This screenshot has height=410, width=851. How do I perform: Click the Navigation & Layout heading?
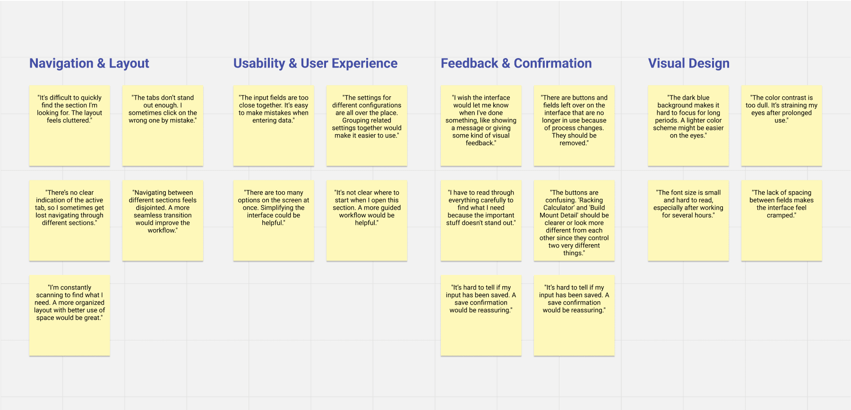point(89,63)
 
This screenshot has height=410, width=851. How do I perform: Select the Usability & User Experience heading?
point(315,63)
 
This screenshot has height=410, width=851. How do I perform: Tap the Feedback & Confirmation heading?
point(516,63)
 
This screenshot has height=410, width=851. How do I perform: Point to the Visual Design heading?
point(688,63)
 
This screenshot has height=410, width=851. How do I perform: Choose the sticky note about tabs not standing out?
point(163,126)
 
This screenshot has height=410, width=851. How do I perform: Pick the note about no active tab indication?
point(69,221)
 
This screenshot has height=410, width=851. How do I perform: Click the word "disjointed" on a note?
point(151,208)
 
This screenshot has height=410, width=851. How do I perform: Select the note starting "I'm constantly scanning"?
point(69,316)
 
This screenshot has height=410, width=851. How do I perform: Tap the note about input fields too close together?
point(273,126)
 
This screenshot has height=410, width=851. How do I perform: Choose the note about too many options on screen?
point(273,221)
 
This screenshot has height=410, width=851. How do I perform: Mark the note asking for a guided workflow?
point(367,221)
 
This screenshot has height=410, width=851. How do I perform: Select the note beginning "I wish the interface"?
point(481,126)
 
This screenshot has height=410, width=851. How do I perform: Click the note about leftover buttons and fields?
point(574,126)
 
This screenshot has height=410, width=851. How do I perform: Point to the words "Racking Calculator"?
point(574,204)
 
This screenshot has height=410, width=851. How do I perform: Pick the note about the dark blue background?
point(688,126)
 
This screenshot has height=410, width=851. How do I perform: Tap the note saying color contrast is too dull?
point(782,126)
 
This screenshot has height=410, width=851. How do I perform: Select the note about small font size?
point(688,221)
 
